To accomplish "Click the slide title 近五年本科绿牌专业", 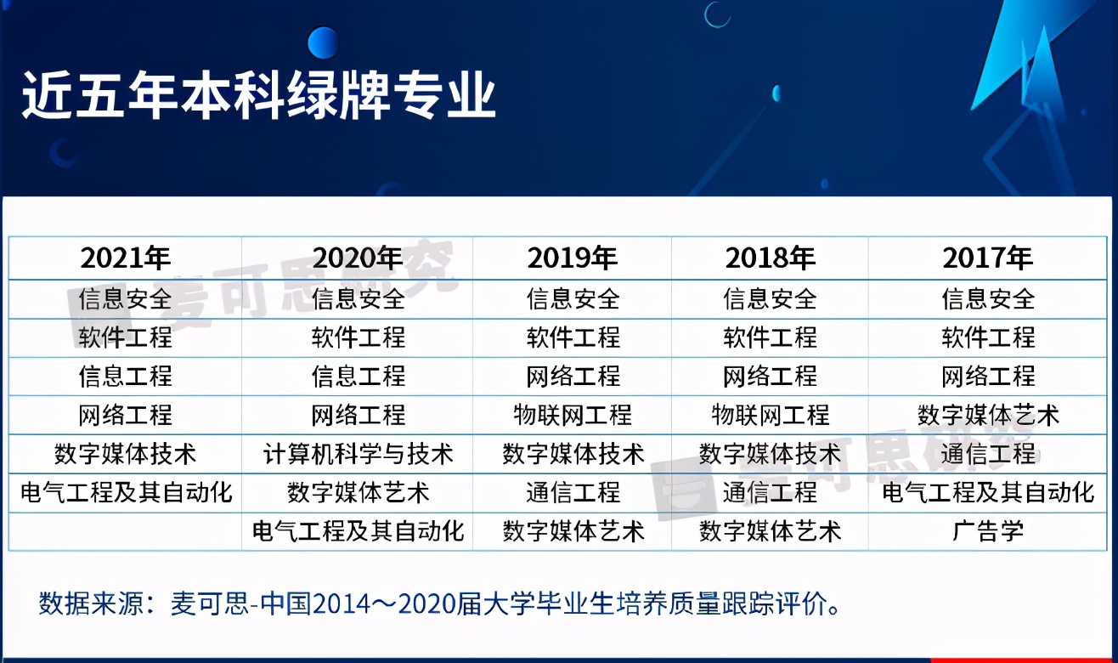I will coord(258,94).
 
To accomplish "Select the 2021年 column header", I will coord(126,258).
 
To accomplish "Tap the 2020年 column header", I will coord(358,258).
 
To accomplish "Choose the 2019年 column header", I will coord(573,258).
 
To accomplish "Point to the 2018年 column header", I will coord(770,258).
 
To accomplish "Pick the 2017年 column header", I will coord(987,258).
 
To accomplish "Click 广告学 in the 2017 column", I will coord(987,531).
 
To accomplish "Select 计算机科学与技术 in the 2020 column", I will coord(358,454).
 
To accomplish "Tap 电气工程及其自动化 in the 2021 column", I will coord(126,493).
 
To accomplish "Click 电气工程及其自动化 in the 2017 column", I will coord(987,493).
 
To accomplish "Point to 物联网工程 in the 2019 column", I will coord(573,416).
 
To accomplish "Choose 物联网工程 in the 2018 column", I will coord(770,416).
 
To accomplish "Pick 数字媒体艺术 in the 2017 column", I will coord(987,416).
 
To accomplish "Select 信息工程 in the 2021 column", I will coord(126,376).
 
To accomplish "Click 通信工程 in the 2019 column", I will coord(573,493).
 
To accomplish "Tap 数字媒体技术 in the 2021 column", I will coord(126,454).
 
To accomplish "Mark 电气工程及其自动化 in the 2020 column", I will coord(358,531).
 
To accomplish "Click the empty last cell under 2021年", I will coord(126,531).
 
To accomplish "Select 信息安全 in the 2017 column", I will coord(987,299).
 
